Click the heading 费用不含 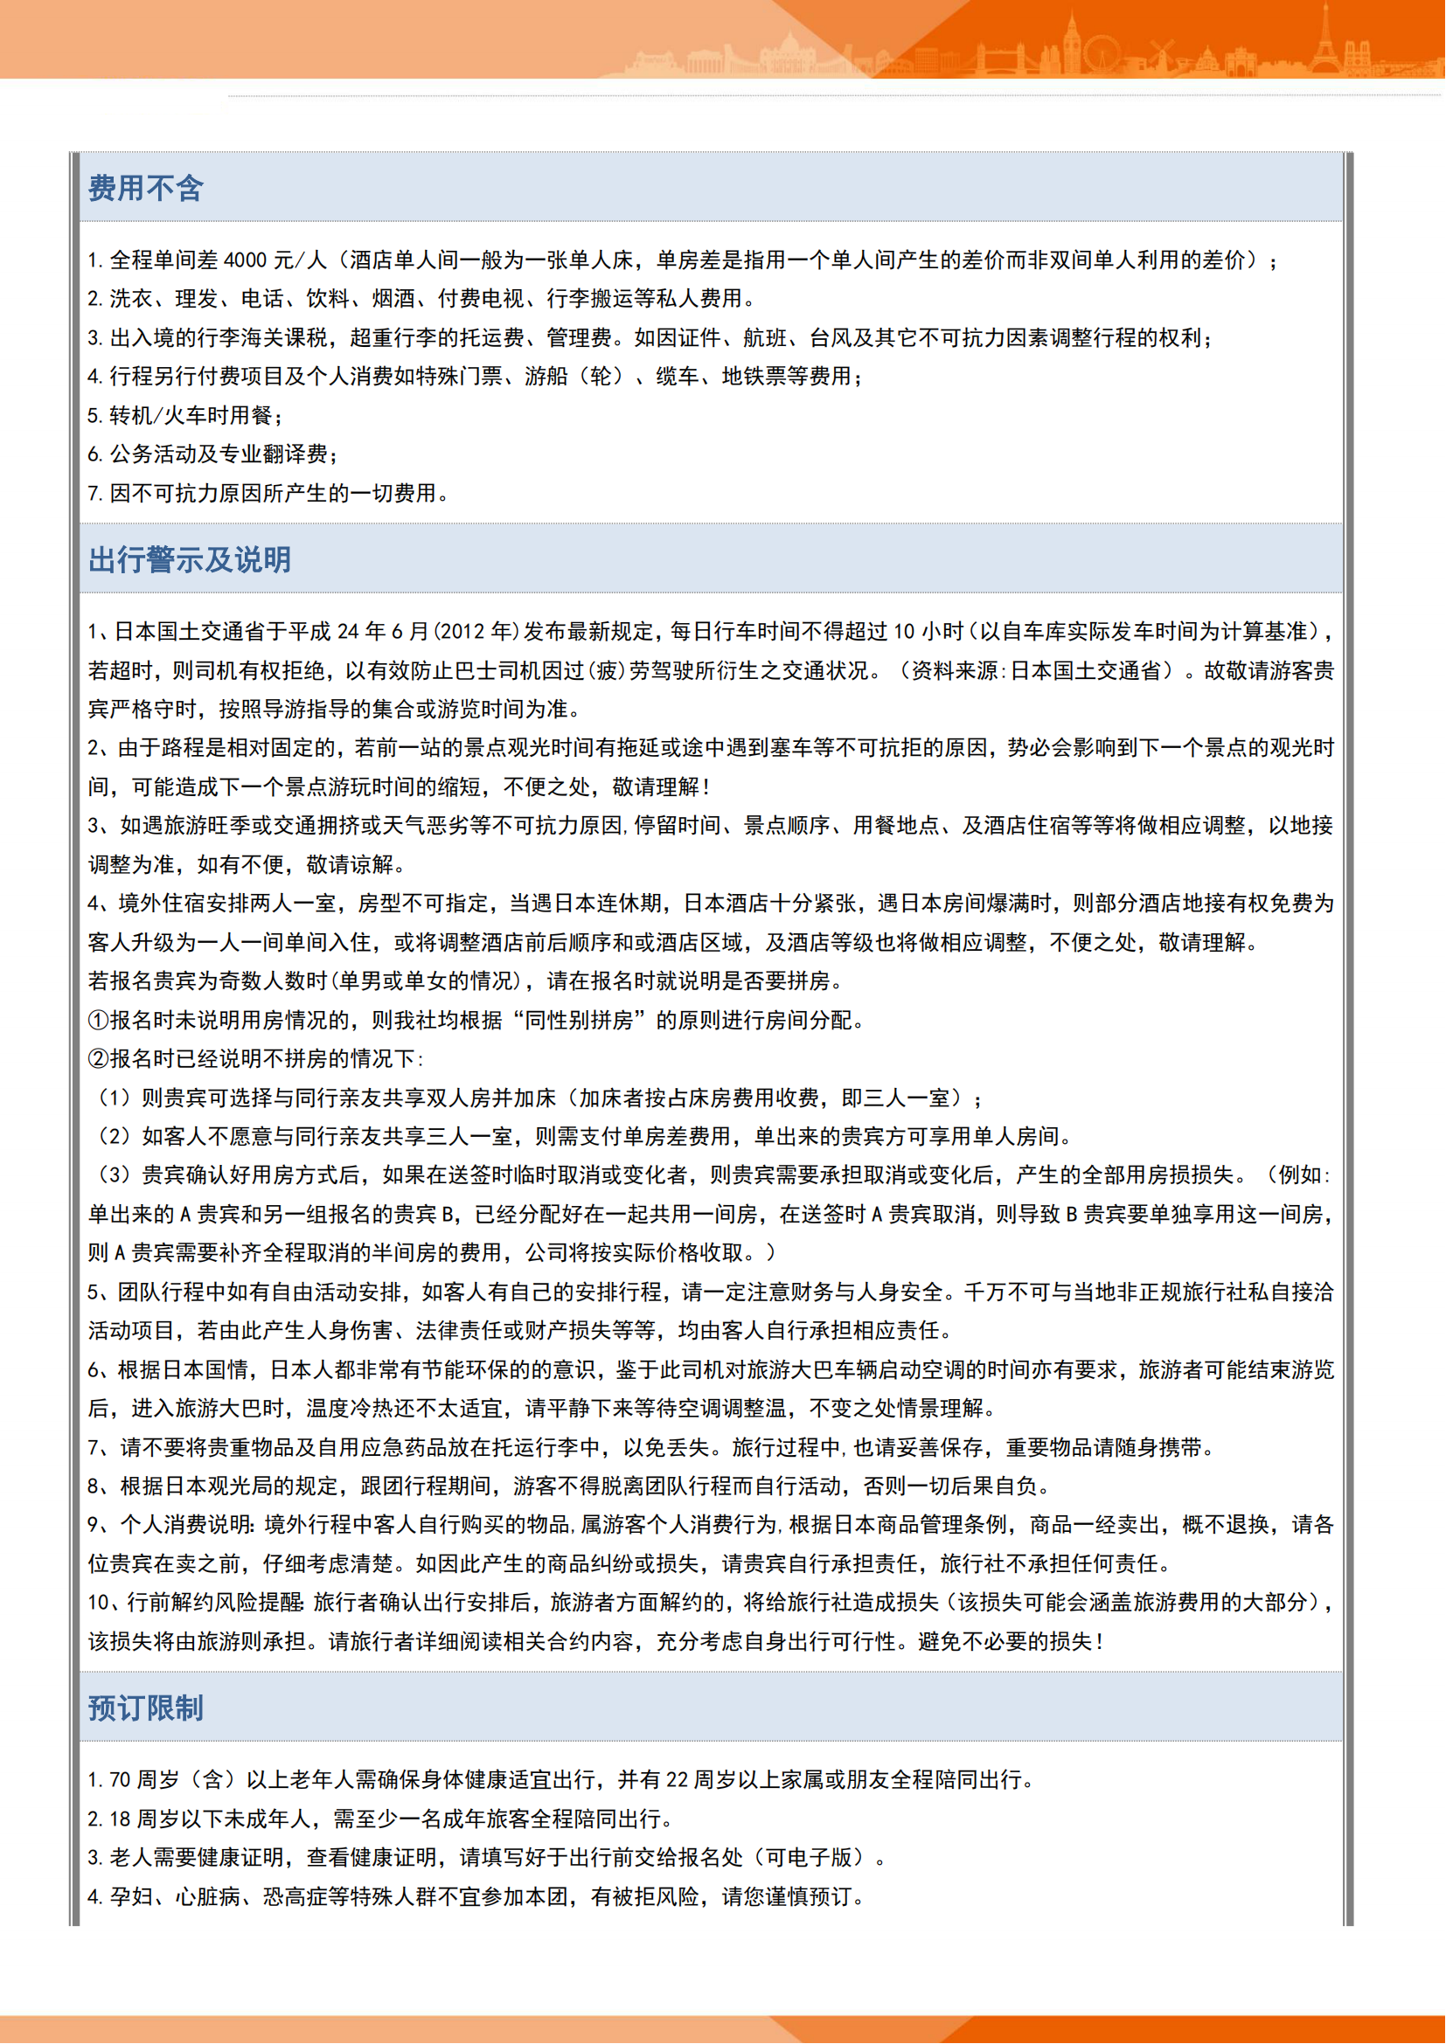click(145, 189)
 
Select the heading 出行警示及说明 click(189, 560)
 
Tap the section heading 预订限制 click(145, 1708)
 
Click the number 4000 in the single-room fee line click(245, 260)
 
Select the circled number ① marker click(98, 1020)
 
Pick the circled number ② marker click(98, 1059)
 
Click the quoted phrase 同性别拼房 click(579, 1020)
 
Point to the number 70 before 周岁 click(119, 1780)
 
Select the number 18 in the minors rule click(119, 1819)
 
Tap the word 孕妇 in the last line click(131, 1897)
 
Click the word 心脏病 click(207, 1897)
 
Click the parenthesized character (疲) click(607, 671)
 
